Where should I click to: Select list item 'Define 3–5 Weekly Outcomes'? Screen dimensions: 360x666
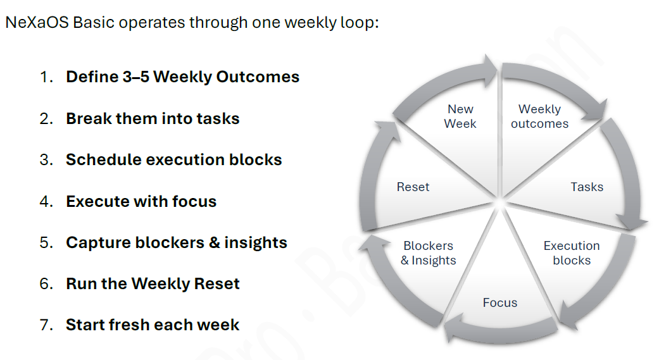tap(182, 77)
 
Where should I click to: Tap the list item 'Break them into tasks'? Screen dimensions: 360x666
tap(153, 119)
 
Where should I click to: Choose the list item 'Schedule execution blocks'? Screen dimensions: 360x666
tap(173, 160)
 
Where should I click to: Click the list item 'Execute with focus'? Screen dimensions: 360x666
tap(141, 202)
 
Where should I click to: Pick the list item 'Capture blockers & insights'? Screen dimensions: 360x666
tap(176, 243)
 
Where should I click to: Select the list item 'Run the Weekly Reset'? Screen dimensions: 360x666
tap(153, 284)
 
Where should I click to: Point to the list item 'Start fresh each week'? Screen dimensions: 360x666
tap(153, 325)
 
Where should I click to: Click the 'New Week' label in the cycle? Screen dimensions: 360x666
tap(460, 117)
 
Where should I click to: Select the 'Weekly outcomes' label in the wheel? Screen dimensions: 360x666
tap(539, 117)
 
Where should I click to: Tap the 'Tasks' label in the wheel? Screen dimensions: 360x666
tap(587, 187)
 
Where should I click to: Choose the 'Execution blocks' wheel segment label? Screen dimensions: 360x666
tap(571, 253)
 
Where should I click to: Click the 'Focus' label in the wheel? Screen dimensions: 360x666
tap(499, 303)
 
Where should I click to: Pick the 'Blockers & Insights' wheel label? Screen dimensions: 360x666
tap(429, 253)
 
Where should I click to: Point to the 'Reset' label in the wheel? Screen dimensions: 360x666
tap(413, 187)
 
